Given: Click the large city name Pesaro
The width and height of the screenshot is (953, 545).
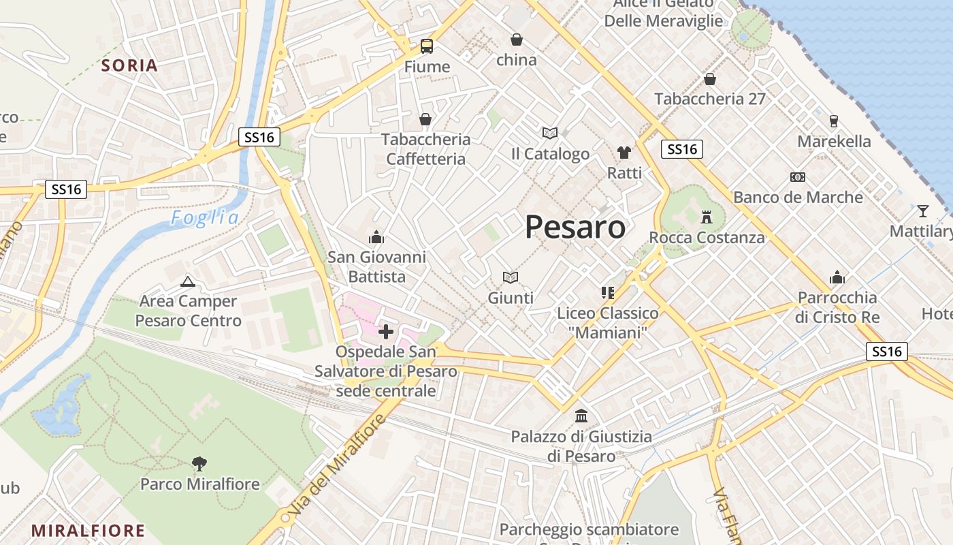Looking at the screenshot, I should click(575, 227).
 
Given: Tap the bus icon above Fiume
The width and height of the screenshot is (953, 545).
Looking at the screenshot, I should click(427, 46).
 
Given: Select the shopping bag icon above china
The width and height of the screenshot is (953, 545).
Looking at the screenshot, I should click(517, 40).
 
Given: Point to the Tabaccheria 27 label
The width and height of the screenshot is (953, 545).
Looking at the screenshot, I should click(710, 99).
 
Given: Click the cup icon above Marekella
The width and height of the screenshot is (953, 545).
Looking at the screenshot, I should click(834, 121).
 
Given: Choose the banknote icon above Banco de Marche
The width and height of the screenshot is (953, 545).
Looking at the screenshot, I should click(798, 177).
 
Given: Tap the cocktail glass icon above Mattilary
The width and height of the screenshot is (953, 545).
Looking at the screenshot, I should click(922, 211).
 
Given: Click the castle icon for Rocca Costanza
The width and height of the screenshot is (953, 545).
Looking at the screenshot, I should click(707, 218).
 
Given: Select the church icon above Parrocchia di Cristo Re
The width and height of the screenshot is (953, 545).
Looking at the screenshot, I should click(837, 277).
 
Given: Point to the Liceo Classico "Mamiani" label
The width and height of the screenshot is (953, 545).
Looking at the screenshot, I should click(608, 324).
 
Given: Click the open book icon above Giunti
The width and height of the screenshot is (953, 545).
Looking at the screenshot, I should click(511, 277).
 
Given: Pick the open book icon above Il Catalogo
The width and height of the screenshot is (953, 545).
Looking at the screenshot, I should click(550, 133).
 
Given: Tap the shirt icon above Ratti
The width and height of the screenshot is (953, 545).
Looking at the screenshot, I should click(624, 152).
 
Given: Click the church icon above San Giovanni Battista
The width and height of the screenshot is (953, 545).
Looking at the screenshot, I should click(376, 237).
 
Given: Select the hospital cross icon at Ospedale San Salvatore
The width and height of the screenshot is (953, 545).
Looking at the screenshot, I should click(386, 332).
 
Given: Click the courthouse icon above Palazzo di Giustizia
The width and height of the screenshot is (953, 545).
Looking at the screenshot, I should click(581, 416).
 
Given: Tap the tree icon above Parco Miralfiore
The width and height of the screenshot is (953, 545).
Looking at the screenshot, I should click(199, 464).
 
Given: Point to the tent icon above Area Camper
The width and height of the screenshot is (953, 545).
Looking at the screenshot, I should click(188, 281).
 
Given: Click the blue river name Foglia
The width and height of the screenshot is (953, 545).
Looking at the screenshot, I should click(205, 218).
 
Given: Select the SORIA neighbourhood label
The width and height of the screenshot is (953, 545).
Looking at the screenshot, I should click(129, 65).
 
